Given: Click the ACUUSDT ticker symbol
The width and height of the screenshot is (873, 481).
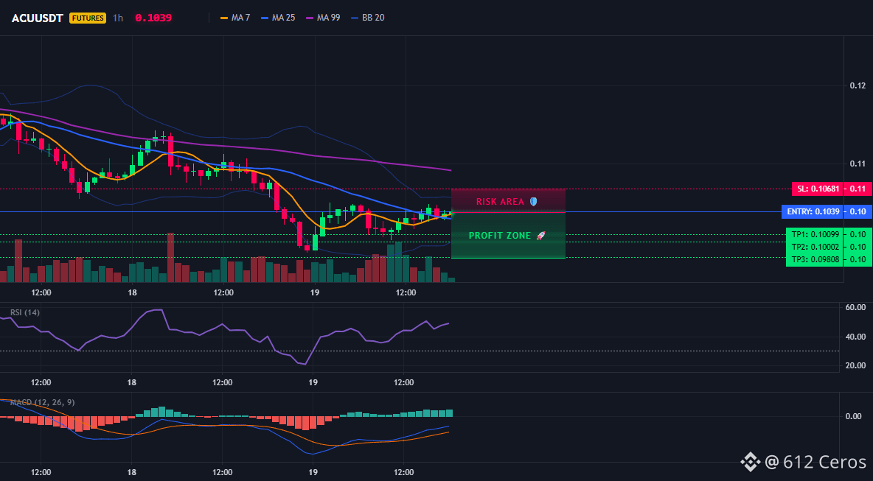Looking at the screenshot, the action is coord(38,18).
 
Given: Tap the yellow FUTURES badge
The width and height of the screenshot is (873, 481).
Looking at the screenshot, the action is coord(88,18).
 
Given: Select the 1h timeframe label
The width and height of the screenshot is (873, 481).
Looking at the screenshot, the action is coord(118,18).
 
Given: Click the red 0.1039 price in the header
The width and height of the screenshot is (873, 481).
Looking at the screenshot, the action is coord(153,18).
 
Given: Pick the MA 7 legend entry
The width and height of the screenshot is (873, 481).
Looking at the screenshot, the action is coord(235,18).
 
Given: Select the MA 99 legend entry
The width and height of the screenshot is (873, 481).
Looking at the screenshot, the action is coord(323,18).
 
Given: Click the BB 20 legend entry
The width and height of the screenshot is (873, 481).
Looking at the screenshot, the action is coord(367,18).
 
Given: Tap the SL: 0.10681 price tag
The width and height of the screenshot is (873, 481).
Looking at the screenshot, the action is coord(817,189).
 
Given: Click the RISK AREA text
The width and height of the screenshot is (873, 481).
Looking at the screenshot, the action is coord(500,201).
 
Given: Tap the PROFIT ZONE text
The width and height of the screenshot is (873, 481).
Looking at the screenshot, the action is coord(500,236).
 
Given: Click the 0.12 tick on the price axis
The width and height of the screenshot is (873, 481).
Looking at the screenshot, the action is coord(858,85).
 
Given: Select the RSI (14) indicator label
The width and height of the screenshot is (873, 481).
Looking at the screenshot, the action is coord(25,312).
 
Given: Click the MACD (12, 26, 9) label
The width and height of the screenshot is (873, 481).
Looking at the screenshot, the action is coord(42,402).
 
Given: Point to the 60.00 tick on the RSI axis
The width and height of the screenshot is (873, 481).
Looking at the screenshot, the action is coord(856,307).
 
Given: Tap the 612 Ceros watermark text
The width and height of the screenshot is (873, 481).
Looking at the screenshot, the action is coord(825,462).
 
